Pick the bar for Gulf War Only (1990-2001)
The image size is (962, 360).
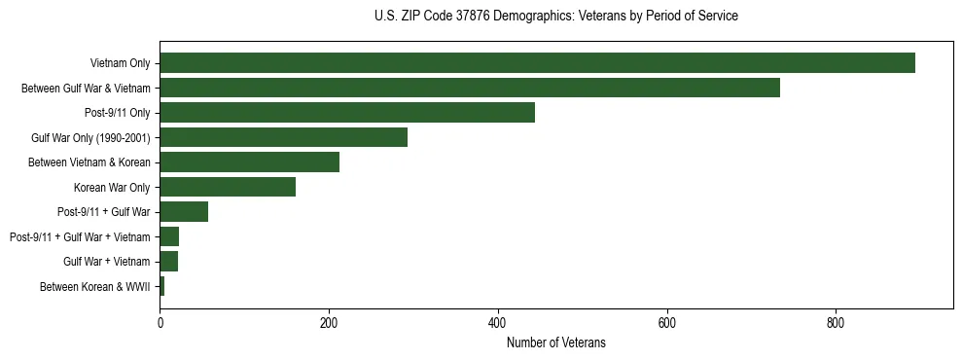pos(283,137)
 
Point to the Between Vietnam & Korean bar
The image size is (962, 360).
pos(249,162)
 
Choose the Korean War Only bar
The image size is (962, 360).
pos(228,187)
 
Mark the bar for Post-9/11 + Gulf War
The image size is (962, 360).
pos(184,212)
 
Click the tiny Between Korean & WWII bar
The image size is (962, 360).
pos(162,286)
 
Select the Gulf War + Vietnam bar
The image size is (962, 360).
pos(169,262)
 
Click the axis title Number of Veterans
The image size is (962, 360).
pos(555,342)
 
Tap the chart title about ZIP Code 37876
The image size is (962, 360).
pos(555,17)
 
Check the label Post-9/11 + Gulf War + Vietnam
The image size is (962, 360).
pos(80,236)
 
